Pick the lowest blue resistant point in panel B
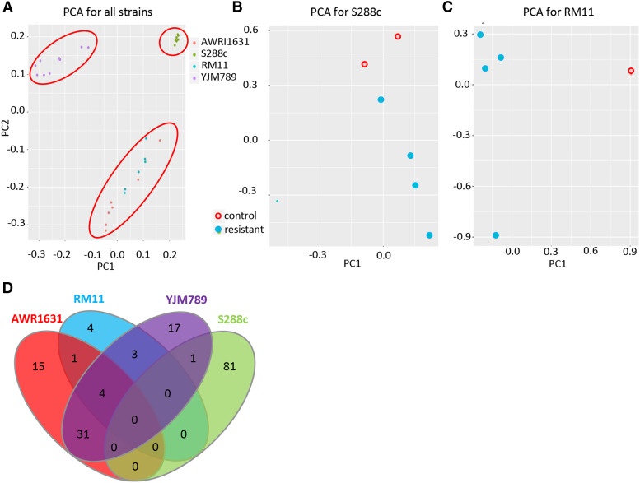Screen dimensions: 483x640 [x=430, y=235]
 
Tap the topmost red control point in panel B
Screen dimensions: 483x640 [x=398, y=37]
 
